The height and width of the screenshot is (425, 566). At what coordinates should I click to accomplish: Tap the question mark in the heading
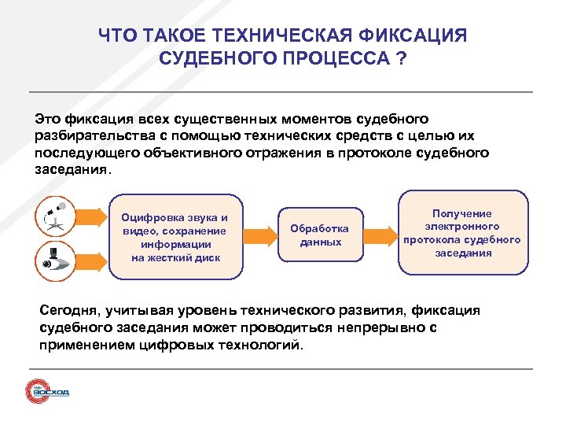point(402,59)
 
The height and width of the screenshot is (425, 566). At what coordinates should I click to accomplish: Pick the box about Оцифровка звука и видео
point(175,237)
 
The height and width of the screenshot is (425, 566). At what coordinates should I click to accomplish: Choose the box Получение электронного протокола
point(461,233)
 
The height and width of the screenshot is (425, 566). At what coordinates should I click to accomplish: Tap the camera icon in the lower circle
point(56,260)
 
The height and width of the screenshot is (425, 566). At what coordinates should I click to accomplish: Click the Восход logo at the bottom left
point(47,391)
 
